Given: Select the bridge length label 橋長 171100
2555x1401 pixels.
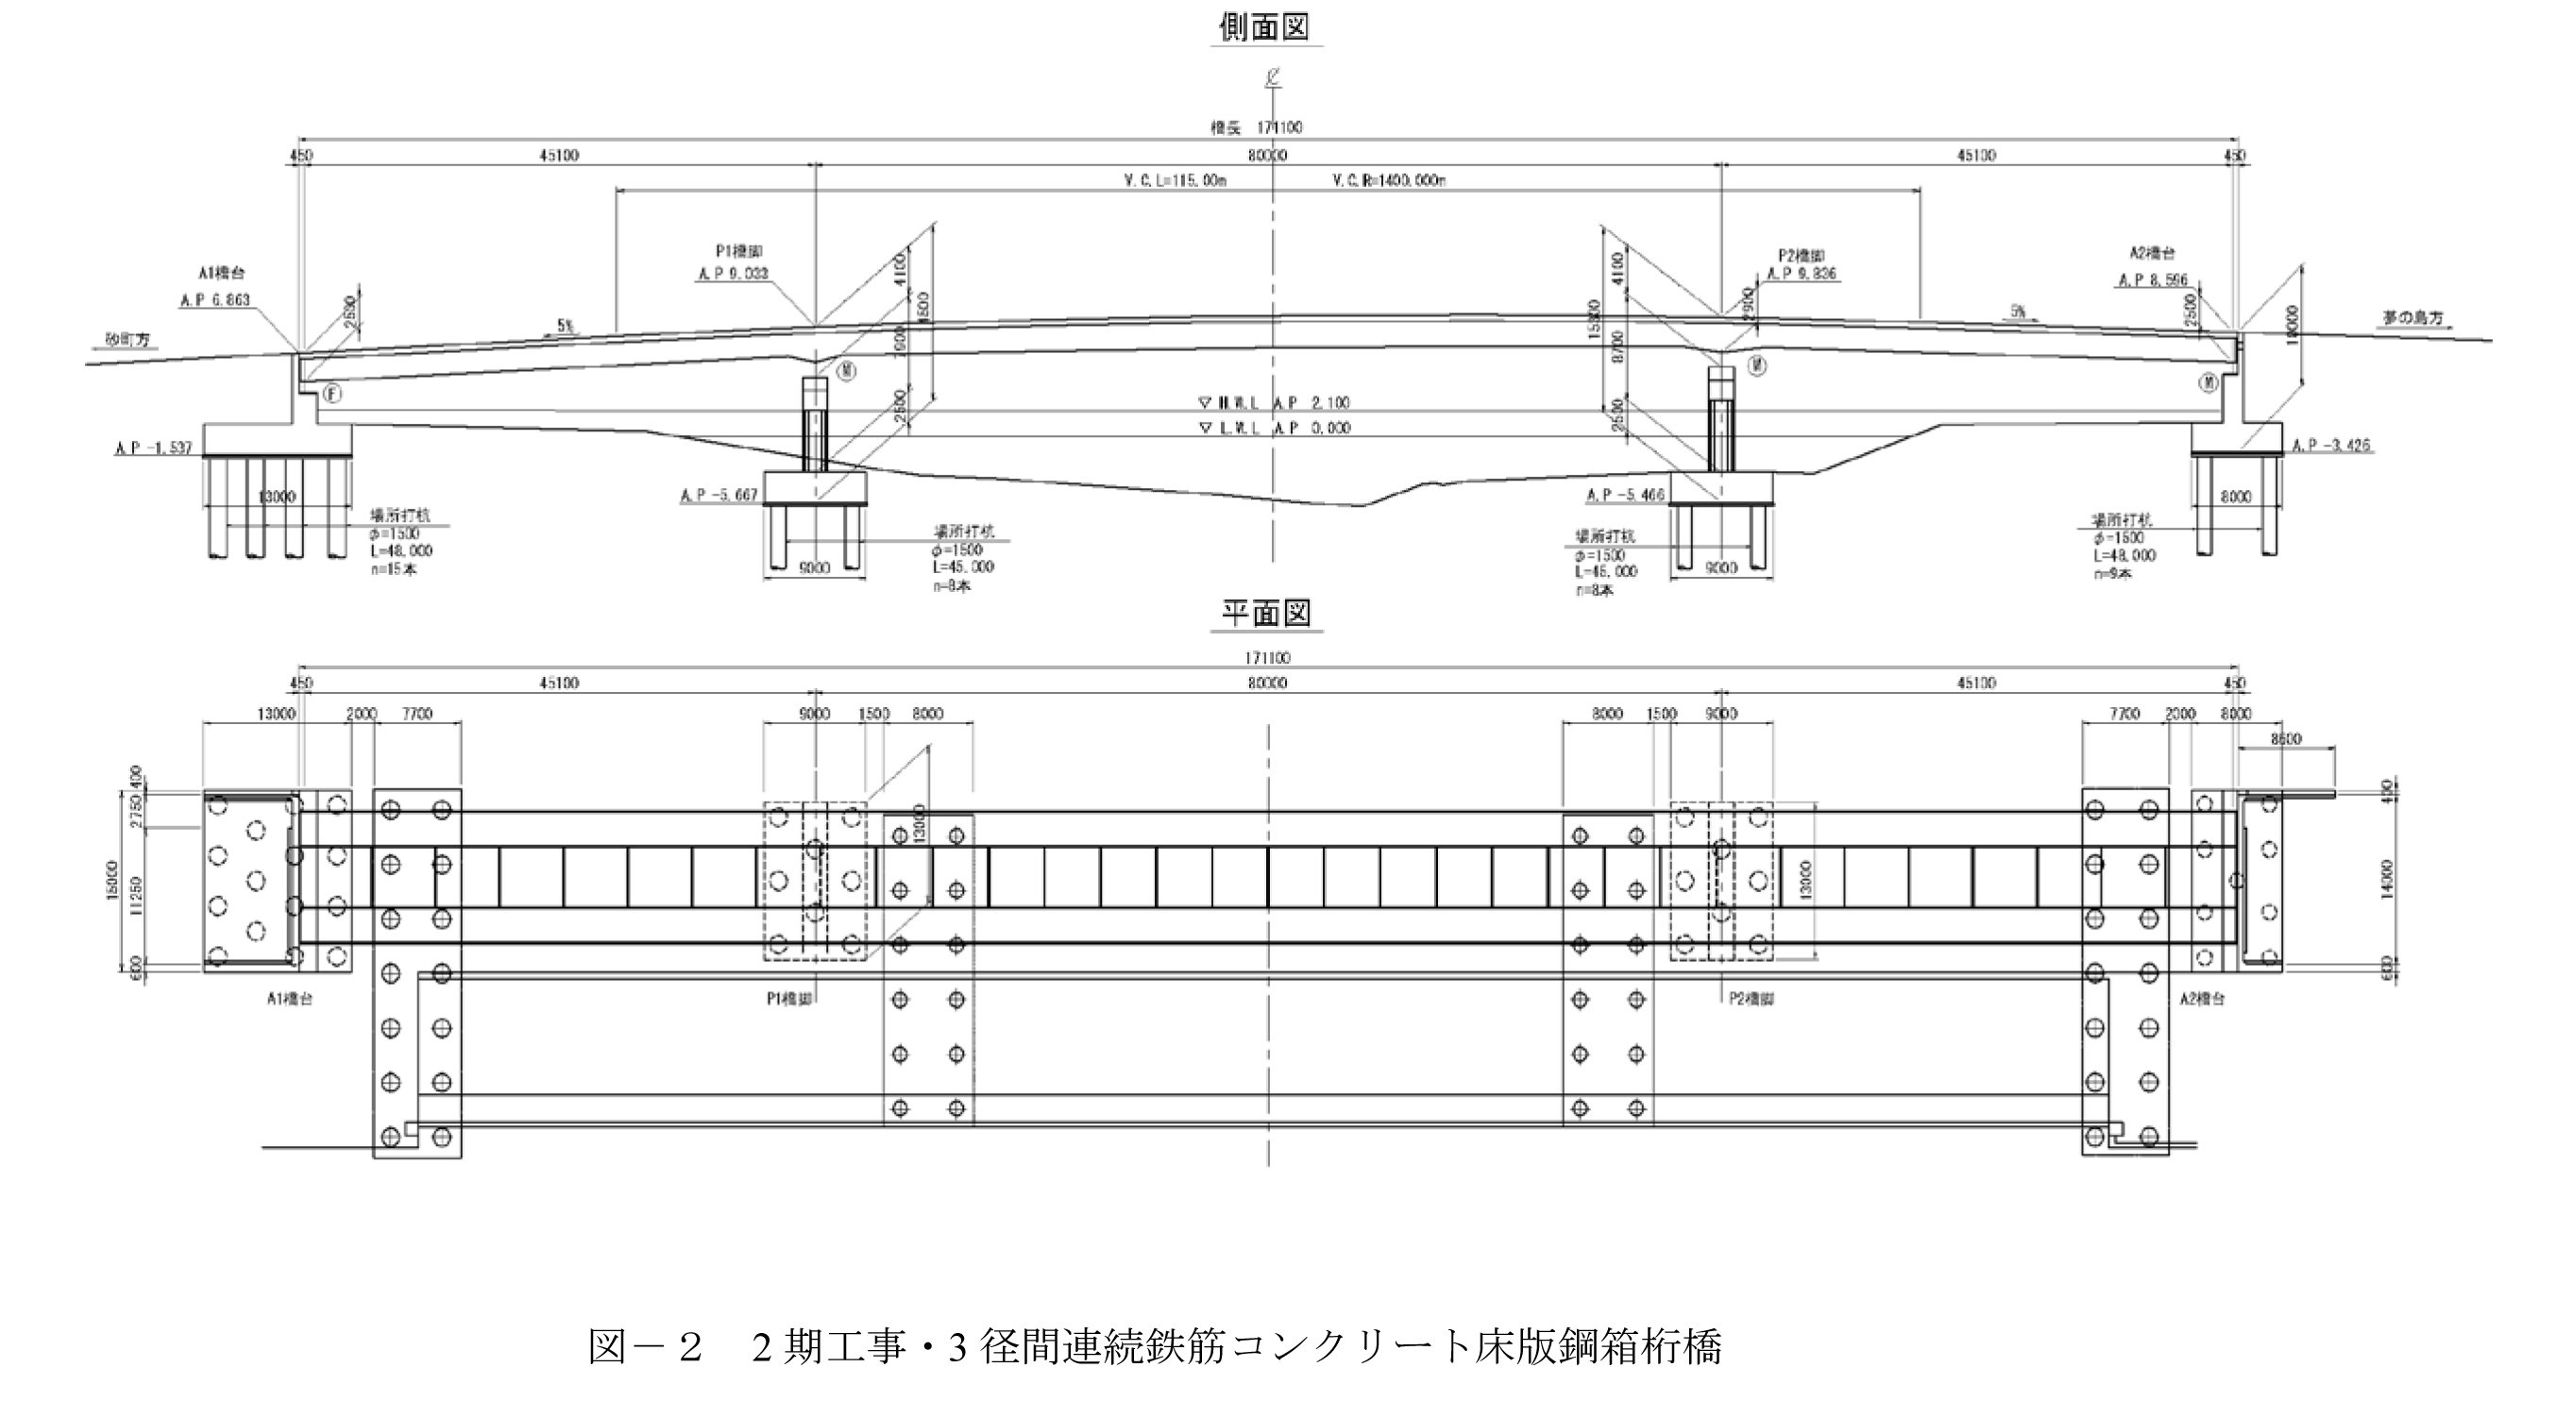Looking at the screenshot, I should pyautogui.click(x=1256, y=127).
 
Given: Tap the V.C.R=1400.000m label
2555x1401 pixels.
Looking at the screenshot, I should pyautogui.click(x=1389, y=180).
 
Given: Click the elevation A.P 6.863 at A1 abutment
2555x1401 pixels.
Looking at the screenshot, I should pyautogui.click(x=215, y=299).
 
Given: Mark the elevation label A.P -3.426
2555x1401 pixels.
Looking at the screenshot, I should pyautogui.click(x=2331, y=446).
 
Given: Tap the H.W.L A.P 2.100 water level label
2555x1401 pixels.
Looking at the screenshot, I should pyautogui.click(x=1275, y=402).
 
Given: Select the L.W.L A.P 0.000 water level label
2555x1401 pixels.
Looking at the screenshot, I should pyautogui.click(x=1275, y=429).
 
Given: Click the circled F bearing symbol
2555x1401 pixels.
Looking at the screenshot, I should pyautogui.click(x=332, y=394).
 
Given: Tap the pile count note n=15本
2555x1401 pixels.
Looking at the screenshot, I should pyautogui.click(x=394, y=570).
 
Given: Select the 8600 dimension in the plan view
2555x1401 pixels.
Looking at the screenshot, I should pyautogui.click(x=2284, y=738).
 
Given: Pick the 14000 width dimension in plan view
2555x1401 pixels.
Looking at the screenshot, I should pyautogui.click(x=2386, y=875).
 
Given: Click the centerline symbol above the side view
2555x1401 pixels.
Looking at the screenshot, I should pyautogui.click(x=1272, y=76).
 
